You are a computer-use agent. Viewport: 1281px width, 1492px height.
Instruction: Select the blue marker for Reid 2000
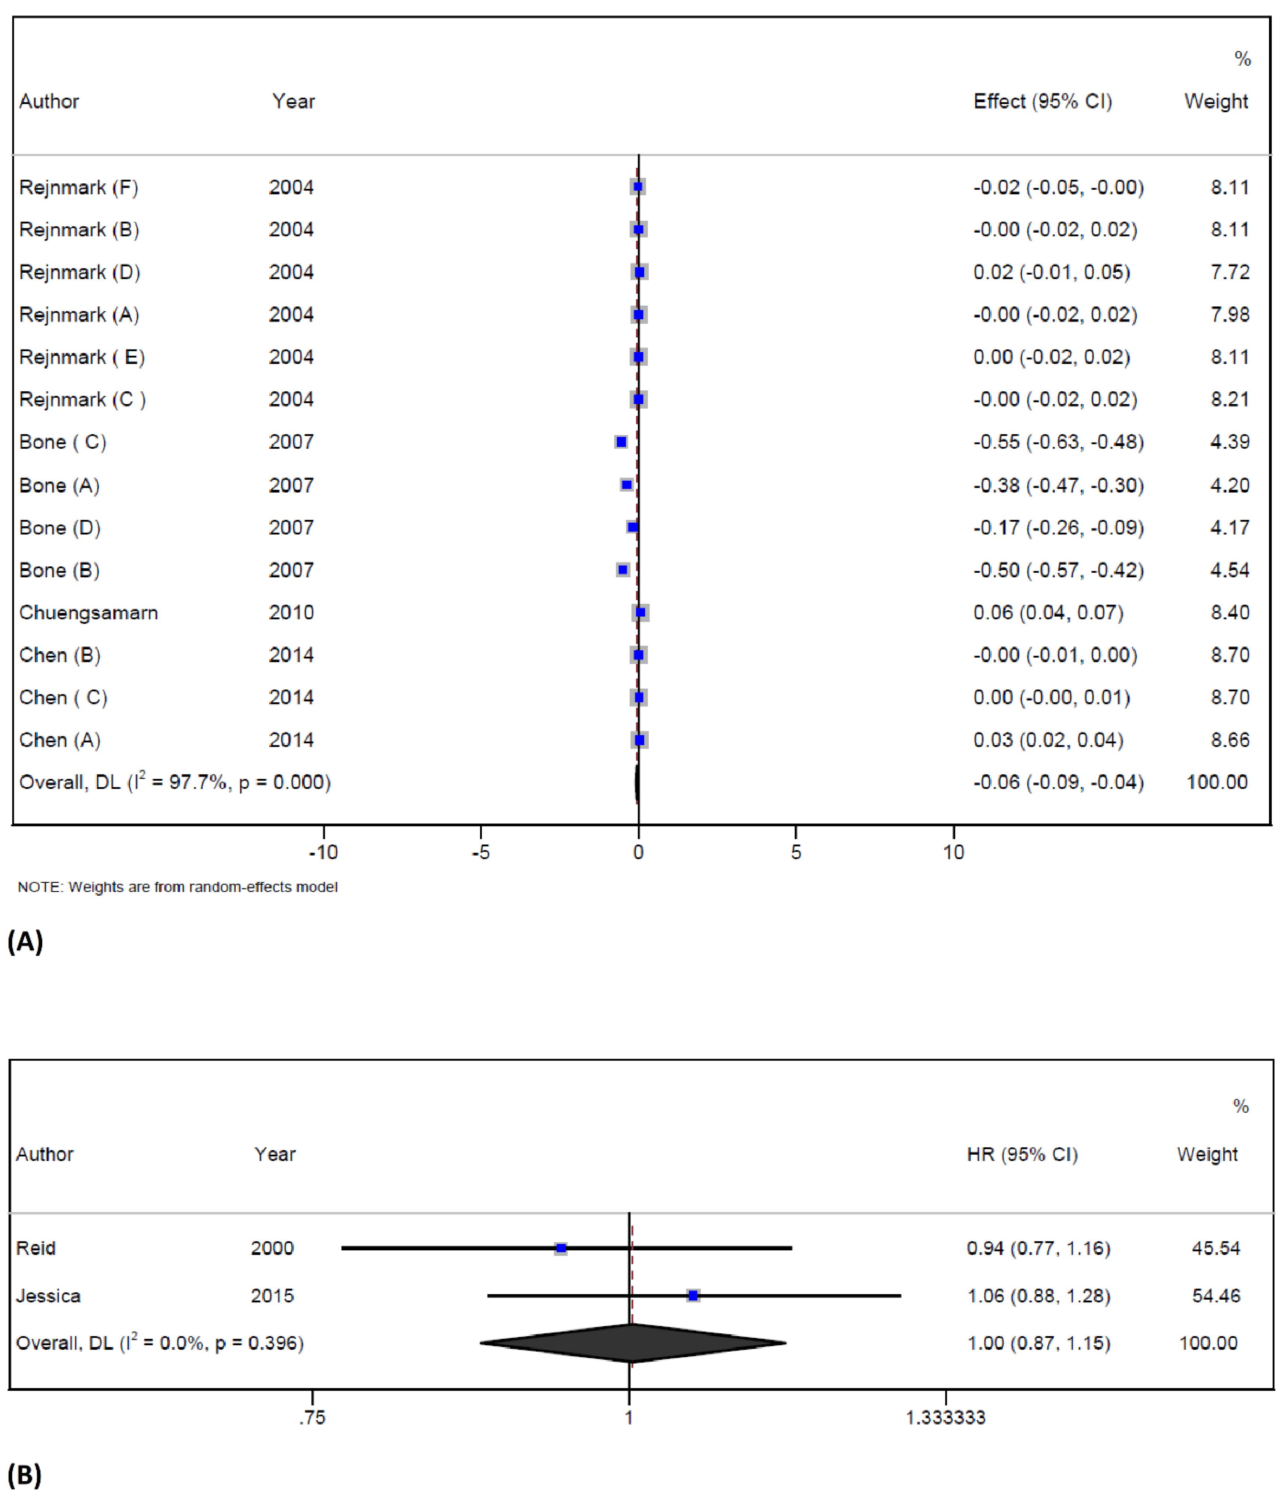point(561,1248)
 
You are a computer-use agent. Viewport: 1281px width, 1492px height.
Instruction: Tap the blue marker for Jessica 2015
point(693,1296)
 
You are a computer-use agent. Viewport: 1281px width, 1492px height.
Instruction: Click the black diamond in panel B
point(632,1343)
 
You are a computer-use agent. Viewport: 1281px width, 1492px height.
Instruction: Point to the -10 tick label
point(323,853)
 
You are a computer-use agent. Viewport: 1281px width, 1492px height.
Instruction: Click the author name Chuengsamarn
point(89,613)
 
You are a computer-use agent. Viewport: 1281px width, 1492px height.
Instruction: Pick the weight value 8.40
point(1230,613)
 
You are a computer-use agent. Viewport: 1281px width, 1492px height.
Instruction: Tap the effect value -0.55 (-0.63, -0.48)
point(1058,442)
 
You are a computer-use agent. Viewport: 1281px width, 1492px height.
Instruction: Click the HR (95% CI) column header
point(1022,1154)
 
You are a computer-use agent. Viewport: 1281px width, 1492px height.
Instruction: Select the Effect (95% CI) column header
point(1042,101)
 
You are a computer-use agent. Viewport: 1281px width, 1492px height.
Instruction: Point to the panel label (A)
point(25,941)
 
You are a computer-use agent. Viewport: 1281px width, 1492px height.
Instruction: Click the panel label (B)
point(24,1476)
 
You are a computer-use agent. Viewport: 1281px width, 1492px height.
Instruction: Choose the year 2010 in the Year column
point(291,613)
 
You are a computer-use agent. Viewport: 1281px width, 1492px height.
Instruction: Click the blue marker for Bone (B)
point(623,570)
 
